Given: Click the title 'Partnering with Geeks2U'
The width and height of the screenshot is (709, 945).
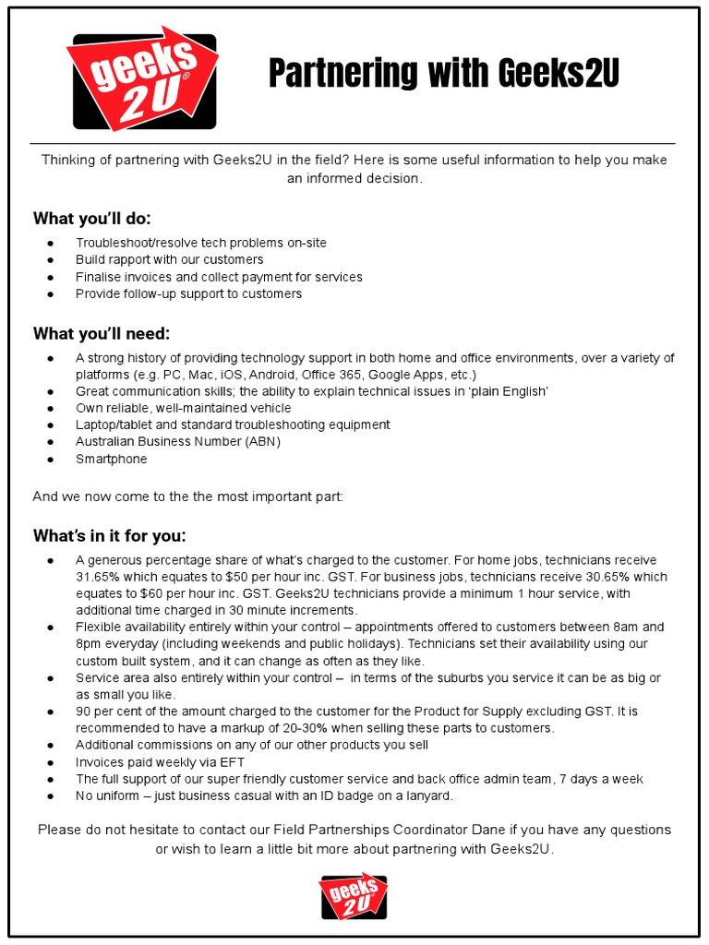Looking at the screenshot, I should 443,73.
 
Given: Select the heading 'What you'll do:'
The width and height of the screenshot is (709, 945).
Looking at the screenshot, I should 91,219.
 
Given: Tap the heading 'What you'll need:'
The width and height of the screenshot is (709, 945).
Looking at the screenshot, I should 102,333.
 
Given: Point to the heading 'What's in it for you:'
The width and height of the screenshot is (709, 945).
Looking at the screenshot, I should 109,536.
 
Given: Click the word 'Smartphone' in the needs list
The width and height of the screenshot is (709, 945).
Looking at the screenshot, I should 111,459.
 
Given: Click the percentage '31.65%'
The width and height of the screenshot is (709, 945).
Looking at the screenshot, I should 97,577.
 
